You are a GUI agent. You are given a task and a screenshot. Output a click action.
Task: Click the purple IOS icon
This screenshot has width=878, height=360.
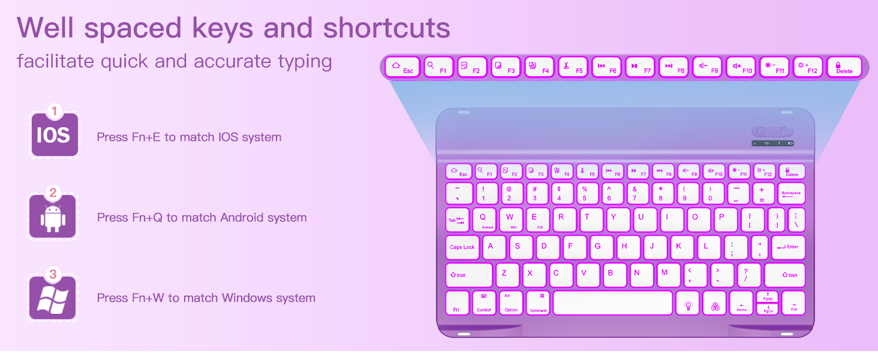click(54, 135)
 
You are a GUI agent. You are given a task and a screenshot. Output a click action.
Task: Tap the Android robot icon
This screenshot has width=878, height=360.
click(53, 217)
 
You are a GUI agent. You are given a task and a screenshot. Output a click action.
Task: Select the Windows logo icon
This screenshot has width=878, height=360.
click(53, 298)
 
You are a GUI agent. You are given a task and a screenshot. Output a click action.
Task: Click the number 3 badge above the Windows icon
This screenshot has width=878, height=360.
click(53, 275)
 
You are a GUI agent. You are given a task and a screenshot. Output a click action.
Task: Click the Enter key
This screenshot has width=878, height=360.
click(787, 247)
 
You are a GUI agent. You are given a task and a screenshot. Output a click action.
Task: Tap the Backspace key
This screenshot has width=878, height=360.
click(791, 194)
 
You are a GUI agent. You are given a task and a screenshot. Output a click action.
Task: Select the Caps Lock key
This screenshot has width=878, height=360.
click(462, 247)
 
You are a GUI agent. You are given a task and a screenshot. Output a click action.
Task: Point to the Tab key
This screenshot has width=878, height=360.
click(457, 220)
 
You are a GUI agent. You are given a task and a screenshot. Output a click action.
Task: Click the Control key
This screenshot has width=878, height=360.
click(483, 303)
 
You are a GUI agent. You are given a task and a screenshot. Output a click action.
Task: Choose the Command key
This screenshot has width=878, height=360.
click(538, 303)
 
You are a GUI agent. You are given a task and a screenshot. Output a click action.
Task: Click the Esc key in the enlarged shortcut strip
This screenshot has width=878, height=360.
click(402, 67)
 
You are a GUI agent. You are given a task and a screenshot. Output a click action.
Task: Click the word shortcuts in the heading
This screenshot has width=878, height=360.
click(387, 28)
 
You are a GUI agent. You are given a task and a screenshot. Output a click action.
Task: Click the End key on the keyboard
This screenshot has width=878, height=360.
click(793, 303)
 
